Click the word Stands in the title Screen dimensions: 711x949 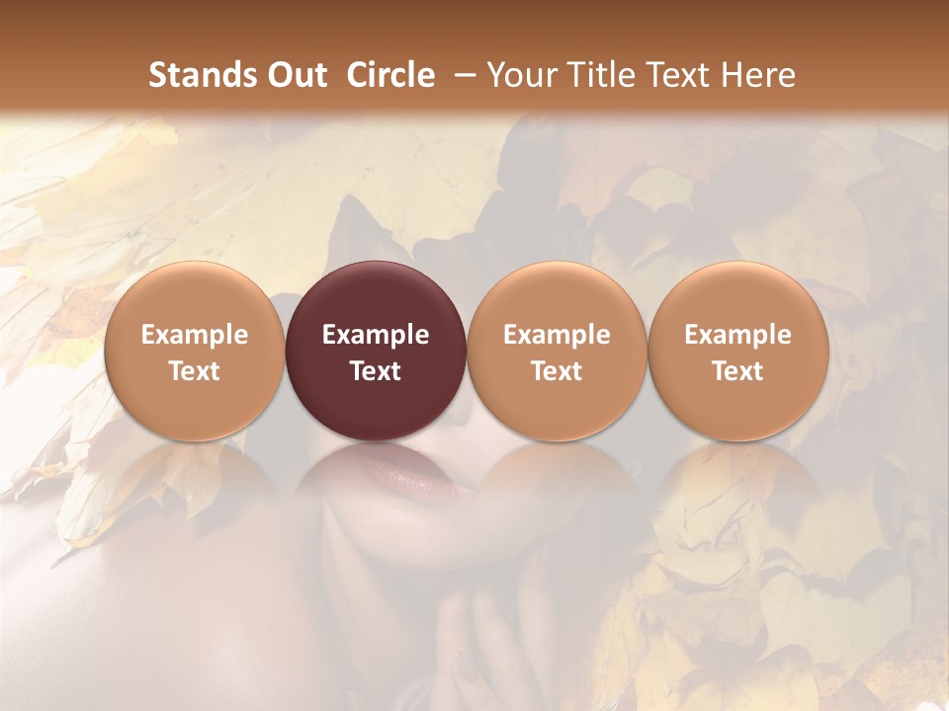pyautogui.click(x=203, y=75)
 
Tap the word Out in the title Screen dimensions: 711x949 pyautogui.click(x=296, y=75)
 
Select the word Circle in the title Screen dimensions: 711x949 pyautogui.click(x=390, y=75)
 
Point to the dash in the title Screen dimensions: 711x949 pyautogui.click(x=462, y=75)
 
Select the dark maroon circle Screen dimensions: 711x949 pyautogui.click(x=376, y=351)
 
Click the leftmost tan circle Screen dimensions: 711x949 pyautogui.click(x=195, y=351)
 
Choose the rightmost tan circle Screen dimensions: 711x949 pyautogui.click(x=738, y=351)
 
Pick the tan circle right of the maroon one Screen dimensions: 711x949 pyautogui.click(x=557, y=351)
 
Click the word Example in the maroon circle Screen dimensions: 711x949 pyautogui.click(x=376, y=335)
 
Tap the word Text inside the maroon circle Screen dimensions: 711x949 pyautogui.click(x=376, y=371)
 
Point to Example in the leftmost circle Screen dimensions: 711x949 pyautogui.click(x=195, y=335)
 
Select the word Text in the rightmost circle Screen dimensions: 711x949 pyautogui.click(x=738, y=371)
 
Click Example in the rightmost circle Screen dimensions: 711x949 pyautogui.click(x=738, y=335)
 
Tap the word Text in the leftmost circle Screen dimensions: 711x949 pyautogui.click(x=195, y=371)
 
